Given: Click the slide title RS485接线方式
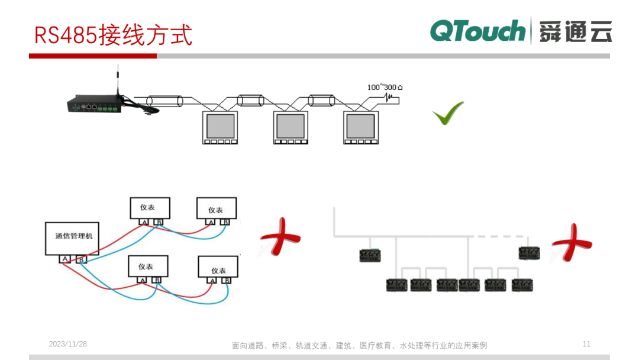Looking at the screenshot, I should pyautogui.click(x=113, y=35).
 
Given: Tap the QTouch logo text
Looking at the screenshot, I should pyautogui.click(x=477, y=31).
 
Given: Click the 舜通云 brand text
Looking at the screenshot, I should pyautogui.click(x=575, y=31).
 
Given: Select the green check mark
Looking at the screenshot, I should pyautogui.click(x=448, y=113).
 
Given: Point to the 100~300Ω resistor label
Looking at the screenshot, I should pyautogui.click(x=385, y=88).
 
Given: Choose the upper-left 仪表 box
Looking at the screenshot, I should pyautogui.click(x=150, y=208).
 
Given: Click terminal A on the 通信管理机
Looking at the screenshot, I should pyautogui.click(x=64, y=259).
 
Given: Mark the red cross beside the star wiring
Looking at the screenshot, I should pyautogui.click(x=279, y=237).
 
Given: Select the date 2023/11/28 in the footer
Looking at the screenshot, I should pyautogui.click(x=67, y=344).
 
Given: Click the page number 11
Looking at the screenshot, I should pyautogui.click(x=586, y=344).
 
